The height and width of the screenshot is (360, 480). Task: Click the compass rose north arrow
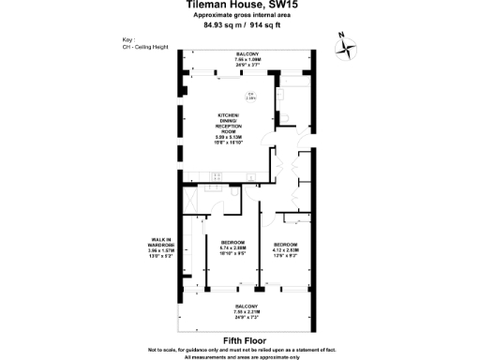tap(345, 46)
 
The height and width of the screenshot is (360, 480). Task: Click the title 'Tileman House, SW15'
tap(239, 6)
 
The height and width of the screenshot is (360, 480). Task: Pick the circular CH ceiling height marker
tap(251, 96)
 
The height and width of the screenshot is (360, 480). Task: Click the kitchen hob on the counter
tap(216, 176)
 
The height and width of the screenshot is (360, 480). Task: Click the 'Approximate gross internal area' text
tap(239, 16)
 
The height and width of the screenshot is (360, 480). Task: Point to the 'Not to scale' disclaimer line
tap(239, 349)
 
